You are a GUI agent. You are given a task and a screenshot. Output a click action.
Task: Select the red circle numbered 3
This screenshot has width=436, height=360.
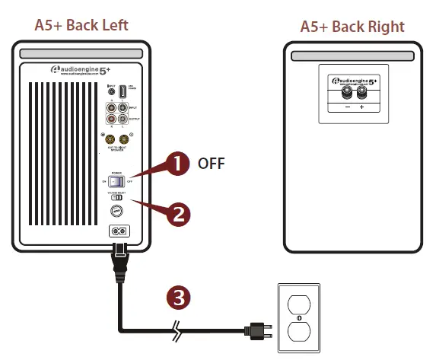[178, 298]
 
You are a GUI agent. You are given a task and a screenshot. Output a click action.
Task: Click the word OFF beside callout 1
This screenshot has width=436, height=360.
[212, 163]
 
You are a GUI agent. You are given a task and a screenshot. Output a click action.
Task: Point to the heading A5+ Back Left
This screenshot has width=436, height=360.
[81, 24]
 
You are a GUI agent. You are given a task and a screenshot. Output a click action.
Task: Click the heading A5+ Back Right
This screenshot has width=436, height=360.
[352, 27]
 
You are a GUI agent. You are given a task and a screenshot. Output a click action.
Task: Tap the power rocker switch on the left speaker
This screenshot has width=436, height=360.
[119, 181]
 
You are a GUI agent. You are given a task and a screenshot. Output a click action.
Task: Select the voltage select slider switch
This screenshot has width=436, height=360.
[118, 198]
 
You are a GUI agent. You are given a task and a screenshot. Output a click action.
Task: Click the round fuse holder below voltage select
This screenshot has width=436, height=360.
[118, 212]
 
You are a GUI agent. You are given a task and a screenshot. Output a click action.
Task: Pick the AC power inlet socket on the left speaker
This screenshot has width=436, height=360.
[118, 231]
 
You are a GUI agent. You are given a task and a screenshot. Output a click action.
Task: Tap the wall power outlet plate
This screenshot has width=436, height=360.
[299, 318]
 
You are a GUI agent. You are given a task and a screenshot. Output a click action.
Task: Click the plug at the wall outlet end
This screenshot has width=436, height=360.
[255, 330]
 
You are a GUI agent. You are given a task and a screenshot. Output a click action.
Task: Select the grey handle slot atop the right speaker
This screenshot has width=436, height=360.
[352, 56]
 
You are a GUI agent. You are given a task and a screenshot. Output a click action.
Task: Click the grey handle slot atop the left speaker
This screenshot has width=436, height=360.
[82, 55]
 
